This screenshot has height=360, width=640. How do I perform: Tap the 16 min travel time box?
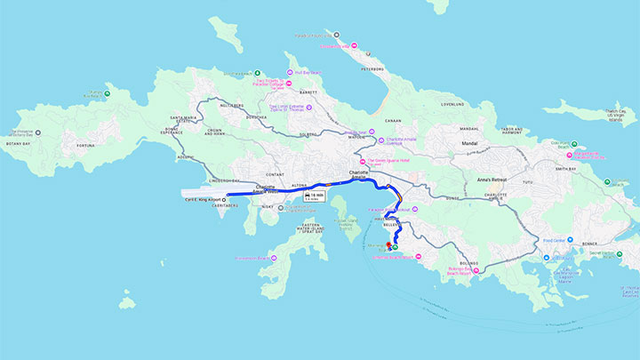coord(312,196)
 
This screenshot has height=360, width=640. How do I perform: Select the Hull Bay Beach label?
coord(306,72)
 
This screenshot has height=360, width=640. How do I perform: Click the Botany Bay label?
coord(19,142)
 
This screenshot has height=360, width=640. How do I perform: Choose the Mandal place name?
coord(470,142)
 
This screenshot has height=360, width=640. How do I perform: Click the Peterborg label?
coord(372,68)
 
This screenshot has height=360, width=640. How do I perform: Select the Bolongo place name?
coord(469,263)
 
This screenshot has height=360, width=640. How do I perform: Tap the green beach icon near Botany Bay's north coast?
coord(108,92)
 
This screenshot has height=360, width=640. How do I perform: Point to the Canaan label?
coord(392,121)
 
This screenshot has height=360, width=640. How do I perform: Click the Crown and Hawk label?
coord(213,132)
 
